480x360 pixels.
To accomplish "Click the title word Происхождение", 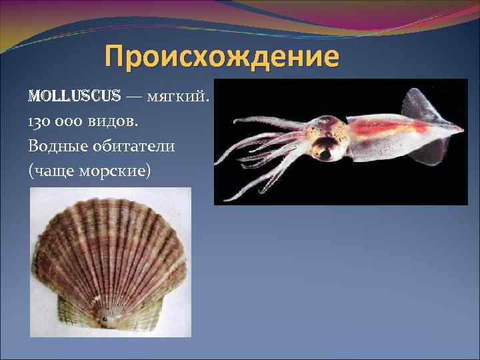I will point(222,57).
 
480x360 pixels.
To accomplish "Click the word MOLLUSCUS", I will point(74,97).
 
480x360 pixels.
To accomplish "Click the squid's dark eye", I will point(325,153).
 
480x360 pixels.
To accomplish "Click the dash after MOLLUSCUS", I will point(133,98).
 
